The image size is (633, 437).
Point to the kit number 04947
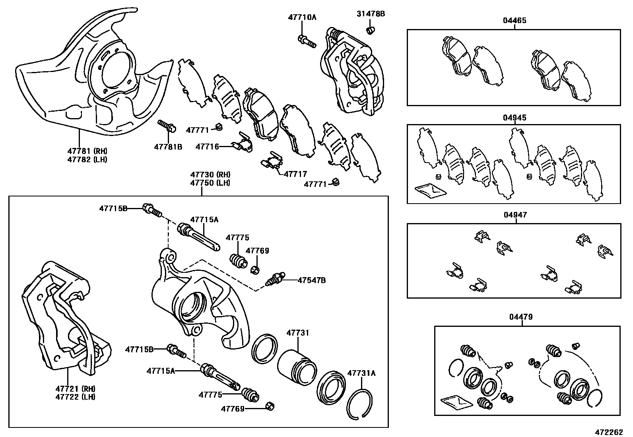click(515, 215)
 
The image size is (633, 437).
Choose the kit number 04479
click(520, 317)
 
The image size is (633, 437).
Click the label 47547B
click(312, 280)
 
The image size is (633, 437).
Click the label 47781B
click(168, 147)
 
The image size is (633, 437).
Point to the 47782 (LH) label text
click(87, 159)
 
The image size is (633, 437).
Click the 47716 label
click(207, 147)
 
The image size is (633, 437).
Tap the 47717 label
click(295, 174)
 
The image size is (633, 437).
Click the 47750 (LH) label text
click(210, 183)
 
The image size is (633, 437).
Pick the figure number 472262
click(612, 432)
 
